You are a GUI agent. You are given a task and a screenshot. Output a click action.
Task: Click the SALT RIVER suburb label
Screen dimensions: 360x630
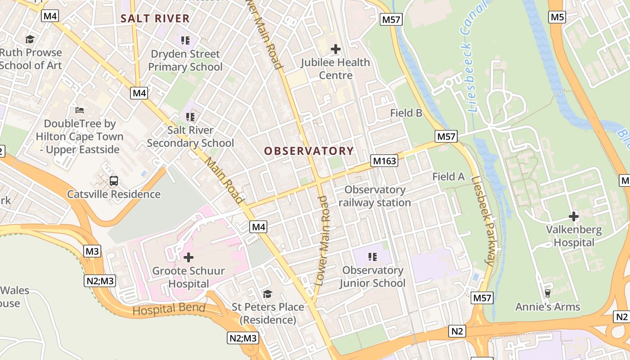[x=155, y=18]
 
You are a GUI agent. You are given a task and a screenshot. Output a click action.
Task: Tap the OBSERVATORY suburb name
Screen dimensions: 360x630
[x=309, y=151]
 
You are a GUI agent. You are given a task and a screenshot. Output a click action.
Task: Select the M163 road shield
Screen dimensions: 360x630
[x=384, y=161]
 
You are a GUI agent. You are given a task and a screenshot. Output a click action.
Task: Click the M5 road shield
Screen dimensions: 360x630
[x=557, y=17]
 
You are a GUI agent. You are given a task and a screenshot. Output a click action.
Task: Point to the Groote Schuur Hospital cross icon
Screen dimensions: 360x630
[x=189, y=257]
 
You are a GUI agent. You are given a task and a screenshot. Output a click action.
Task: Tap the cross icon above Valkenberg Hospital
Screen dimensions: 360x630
[x=573, y=216]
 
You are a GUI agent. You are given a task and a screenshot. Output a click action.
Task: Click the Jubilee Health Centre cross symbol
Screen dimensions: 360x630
[x=335, y=49]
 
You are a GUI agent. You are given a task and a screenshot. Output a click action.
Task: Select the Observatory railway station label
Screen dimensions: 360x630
[x=374, y=196]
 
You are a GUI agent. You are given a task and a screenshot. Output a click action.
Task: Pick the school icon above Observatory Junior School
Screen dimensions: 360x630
[x=372, y=257]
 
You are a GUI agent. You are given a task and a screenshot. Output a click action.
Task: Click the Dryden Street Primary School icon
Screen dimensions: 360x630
[x=185, y=40]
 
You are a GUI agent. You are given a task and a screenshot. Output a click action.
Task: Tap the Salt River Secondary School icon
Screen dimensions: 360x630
[x=190, y=117]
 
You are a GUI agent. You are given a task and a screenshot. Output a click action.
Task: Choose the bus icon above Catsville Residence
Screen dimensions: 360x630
[x=114, y=181]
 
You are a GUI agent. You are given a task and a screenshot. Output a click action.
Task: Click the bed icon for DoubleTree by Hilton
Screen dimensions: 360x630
[x=80, y=110]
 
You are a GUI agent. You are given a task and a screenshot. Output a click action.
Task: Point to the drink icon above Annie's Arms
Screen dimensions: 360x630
[x=547, y=293]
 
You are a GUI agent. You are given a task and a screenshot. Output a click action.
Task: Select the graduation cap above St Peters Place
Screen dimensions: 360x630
[x=268, y=294]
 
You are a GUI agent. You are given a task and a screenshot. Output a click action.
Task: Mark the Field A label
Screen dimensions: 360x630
[x=448, y=177]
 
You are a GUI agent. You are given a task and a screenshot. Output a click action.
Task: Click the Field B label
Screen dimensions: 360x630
[x=406, y=113]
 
